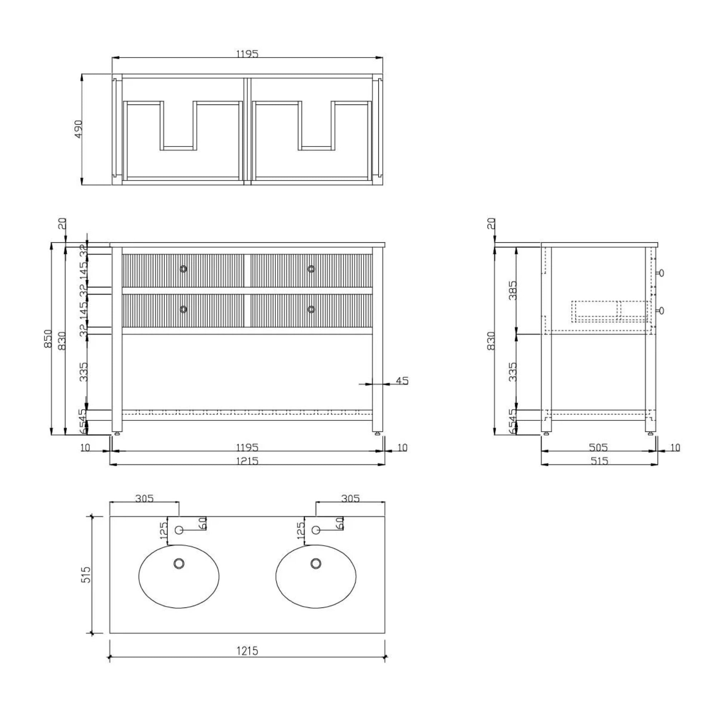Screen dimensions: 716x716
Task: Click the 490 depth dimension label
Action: [x=78, y=129]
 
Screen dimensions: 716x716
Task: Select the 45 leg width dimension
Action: [x=402, y=381]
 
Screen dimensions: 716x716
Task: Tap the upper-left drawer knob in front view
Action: [x=183, y=269]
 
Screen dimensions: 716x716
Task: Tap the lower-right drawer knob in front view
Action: [x=311, y=309]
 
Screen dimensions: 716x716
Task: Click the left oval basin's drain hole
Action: [x=179, y=564]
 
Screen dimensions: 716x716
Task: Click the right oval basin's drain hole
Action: [x=316, y=564]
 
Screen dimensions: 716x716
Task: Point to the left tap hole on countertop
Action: [x=179, y=530]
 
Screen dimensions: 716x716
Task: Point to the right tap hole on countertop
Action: [x=316, y=530]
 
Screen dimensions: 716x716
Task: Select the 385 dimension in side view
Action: [x=513, y=290]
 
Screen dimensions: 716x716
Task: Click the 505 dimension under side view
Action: [x=598, y=447]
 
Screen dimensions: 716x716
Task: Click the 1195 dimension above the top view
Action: [x=247, y=54]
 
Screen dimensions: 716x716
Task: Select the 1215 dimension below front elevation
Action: [x=247, y=461]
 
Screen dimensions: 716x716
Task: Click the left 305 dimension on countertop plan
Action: [x=144, y=498]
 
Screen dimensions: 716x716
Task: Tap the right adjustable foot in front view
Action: [x=378, y=432]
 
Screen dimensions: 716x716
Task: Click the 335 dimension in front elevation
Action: [x=84, y=372]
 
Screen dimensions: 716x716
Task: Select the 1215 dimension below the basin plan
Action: [x=247, y=651]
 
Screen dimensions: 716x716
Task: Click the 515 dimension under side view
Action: [x=599, y=461]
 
